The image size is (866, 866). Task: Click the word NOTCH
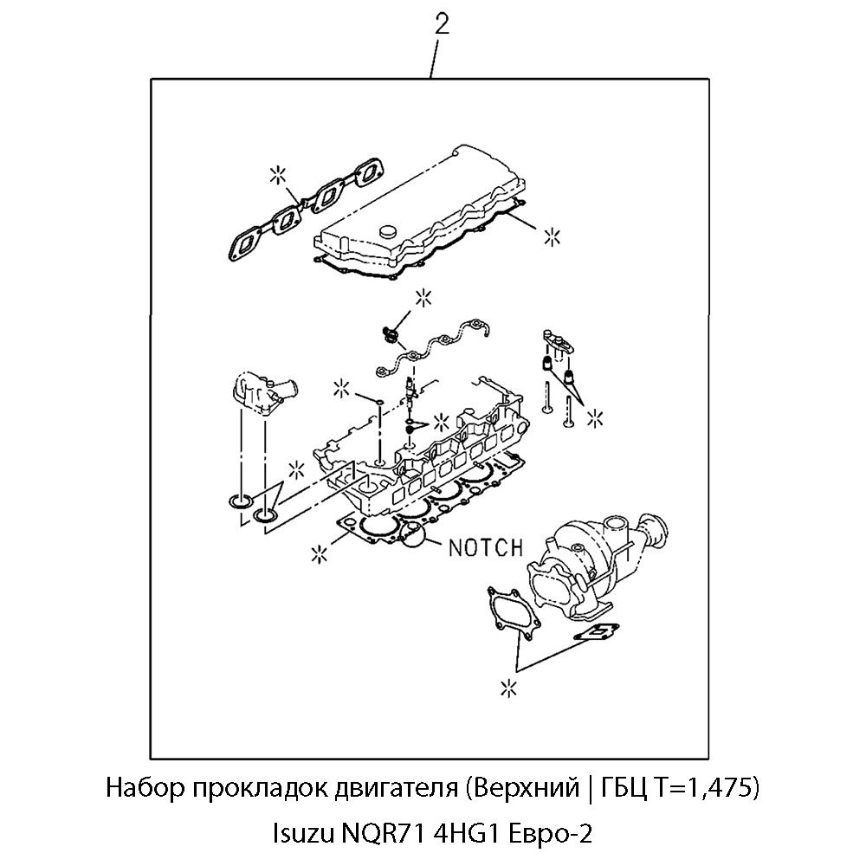point(486,547)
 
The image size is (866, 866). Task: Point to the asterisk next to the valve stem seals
point(595,419)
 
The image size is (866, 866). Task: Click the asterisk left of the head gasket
point(320,552)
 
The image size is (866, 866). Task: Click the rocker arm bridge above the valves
point(559,340)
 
